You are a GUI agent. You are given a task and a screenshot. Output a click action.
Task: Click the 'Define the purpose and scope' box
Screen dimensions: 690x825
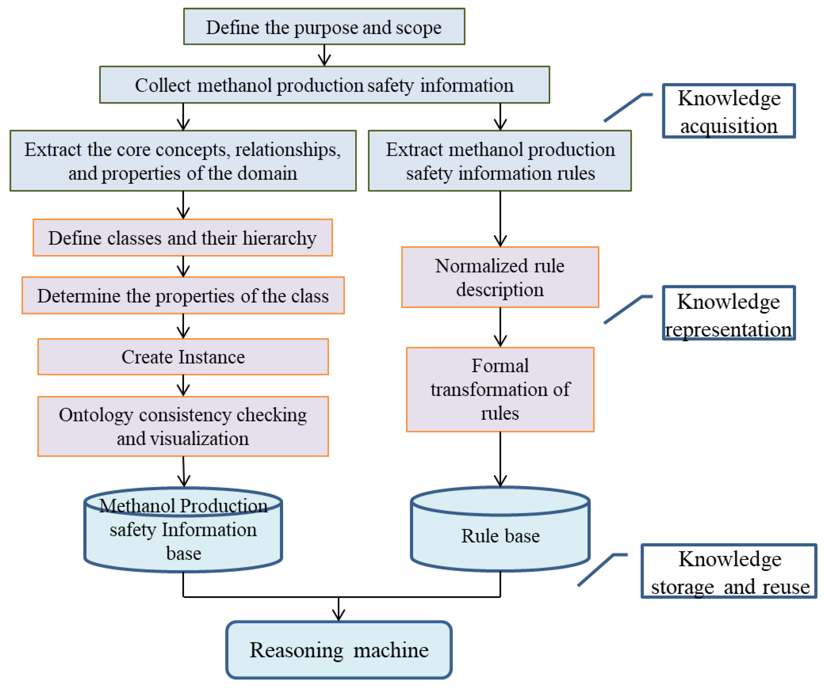[x=324, y=27]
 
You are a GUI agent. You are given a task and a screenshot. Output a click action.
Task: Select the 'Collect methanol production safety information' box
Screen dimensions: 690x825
[x=325, y=85]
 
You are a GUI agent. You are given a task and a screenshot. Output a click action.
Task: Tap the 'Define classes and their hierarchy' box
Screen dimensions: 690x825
[x=183, y=238]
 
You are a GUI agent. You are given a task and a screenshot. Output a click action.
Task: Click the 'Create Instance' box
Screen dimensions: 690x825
[x=183, y=357]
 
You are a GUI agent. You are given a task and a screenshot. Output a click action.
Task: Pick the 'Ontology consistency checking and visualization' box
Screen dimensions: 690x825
[x=183, y=426]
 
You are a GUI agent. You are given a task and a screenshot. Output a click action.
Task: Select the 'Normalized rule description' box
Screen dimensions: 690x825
[x=500, y=277]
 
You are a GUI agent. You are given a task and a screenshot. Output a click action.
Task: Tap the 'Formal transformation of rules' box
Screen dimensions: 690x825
[x=500, y=389]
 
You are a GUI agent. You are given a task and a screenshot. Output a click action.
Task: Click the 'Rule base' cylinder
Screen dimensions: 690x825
[x=500, y=536]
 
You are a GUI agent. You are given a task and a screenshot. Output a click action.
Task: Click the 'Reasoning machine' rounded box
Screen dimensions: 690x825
[x=338, y=650]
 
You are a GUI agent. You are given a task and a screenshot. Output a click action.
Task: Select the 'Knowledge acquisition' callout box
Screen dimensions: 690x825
[x=729, y=111]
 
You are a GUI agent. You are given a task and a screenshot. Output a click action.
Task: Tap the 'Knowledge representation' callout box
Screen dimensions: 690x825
[x=729, y=313]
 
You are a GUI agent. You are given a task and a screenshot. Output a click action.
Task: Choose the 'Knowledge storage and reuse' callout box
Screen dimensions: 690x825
[x=729, y=571]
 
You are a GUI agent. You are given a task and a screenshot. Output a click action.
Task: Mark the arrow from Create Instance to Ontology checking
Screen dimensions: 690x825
[x=183, y=385]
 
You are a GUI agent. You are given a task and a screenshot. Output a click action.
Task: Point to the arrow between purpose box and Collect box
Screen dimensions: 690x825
[x=324, y=55]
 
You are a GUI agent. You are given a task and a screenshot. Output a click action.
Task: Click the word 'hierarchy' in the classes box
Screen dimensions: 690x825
[x=279, y=238]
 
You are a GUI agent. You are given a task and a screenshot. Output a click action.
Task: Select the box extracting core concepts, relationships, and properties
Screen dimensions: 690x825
[x=183, y=161]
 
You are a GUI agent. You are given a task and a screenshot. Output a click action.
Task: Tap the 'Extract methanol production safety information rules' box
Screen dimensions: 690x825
[x=500, y=161]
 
